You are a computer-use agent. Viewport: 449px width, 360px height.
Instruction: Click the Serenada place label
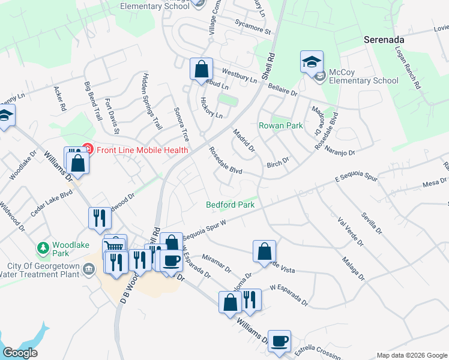tap(384, 40)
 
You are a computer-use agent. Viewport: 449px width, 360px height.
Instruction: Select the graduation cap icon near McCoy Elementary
tap(312, 62)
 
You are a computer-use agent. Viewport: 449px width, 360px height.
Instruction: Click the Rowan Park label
tap(281, 126)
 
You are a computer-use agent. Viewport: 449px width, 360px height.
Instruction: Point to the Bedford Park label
tap(230, 205)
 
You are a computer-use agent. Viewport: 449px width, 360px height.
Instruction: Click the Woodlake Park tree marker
tap(43, 248)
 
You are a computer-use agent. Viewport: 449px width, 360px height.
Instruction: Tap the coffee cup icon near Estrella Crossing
tap(279, 341)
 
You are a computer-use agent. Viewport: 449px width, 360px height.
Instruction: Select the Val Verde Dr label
tap(351, 232)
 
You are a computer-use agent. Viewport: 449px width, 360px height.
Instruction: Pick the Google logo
tap(20, 353)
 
